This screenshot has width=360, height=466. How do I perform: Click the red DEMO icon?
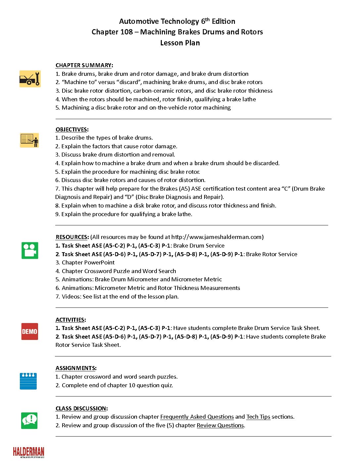pos(29,331)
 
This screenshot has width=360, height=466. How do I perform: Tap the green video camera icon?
pos(30,251)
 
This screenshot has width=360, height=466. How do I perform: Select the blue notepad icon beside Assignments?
pos(28,381)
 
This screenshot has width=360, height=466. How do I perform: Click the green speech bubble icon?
pos(29,420)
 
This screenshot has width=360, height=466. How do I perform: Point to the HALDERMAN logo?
pos(28,452)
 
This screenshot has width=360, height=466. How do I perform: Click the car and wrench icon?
pos(30,79)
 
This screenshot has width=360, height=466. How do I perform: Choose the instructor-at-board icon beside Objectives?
pos(29,140)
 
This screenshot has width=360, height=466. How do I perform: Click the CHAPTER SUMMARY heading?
pos(83,65)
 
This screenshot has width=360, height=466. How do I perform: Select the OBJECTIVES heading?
pos(71,129)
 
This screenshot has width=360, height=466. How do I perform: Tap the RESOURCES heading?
pos(71,237)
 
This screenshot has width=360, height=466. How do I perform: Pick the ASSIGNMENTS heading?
pos(75,368)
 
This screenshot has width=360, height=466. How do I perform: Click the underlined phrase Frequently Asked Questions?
pos(197,417)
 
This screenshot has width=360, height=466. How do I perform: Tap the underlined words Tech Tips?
pos(258,417)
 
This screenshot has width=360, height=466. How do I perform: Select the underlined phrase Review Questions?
pos(220,425)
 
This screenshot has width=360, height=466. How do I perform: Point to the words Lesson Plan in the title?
pos(180,43)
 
